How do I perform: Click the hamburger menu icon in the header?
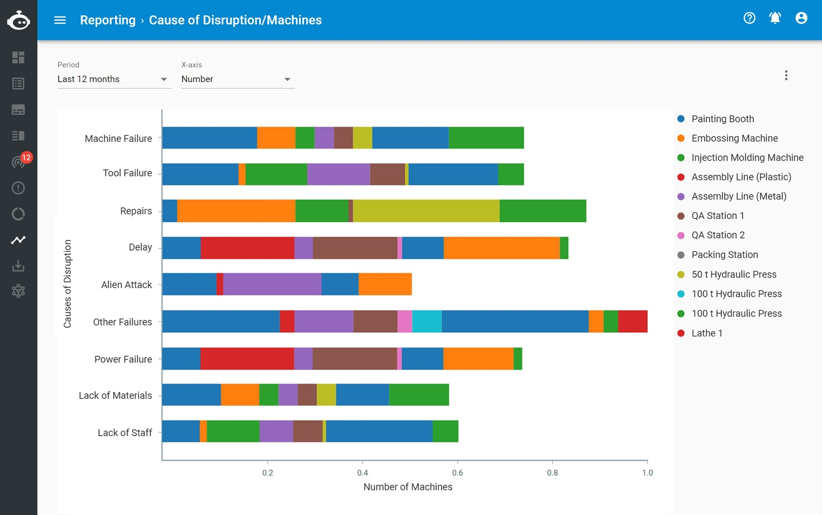[60, 20]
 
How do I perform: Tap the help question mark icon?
[749, 18]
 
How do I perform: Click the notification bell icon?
[775, 18]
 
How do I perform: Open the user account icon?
[801, 18]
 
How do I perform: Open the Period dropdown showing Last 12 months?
[114, 79]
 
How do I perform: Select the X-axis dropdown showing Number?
[238, 79]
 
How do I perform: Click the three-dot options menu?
[786, 75]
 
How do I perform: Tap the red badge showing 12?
[26, 158]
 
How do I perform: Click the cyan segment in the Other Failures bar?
[427, 322]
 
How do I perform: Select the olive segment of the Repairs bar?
[426, 211]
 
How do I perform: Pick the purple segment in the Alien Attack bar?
[272, 284]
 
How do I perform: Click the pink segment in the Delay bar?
[400, 248]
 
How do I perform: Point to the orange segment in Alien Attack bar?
[385, 284]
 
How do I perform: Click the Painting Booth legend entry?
[722, 119]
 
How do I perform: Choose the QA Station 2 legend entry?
[717, 235]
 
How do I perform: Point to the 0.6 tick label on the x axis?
[457, 473]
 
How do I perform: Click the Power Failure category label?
[123, 359]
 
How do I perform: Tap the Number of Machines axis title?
[408, 487]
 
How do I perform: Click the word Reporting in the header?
[108, 20]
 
